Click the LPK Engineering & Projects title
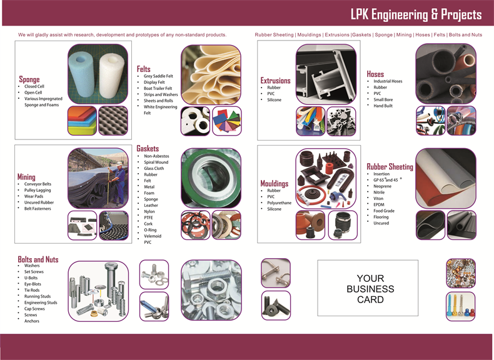416,14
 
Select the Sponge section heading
29,79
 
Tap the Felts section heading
144,68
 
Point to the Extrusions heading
275,80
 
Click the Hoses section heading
375,74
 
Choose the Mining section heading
26,177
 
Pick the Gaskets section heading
148,148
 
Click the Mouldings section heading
274,183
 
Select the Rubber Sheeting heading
390,167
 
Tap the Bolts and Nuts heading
38,259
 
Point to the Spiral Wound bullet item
156,162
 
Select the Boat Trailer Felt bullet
158,88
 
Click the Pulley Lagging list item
38,190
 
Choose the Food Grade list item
384,211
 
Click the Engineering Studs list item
41,302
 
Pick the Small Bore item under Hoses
383,99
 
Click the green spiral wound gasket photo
210,178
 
